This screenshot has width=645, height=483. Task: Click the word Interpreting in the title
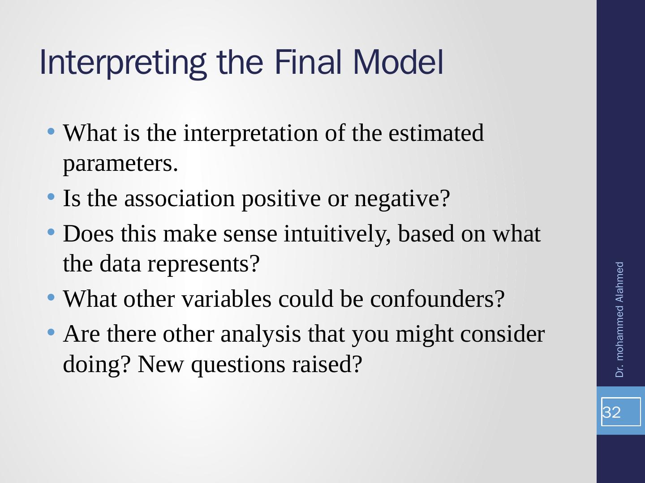123,63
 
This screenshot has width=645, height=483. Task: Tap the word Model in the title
398,62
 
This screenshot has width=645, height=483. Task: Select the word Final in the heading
308,62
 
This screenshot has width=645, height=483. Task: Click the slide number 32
611,412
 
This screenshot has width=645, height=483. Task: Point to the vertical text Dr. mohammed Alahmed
619,319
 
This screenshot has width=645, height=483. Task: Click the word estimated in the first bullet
436,133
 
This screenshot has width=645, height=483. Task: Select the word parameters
120,164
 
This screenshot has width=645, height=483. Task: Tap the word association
180,199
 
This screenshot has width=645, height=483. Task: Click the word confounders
437,299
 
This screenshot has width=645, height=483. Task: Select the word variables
227,299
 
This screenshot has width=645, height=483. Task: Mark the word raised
327,364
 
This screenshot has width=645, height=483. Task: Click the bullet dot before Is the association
51,197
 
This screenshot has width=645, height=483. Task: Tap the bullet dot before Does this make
51,232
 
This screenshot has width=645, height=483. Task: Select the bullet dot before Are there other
51,333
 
